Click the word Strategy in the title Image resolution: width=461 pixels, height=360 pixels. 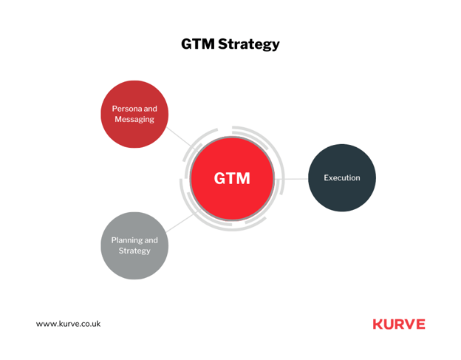coord(249,44)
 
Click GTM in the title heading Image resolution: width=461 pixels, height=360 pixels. coord(198,44)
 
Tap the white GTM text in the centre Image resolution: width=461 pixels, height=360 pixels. coord(232,178)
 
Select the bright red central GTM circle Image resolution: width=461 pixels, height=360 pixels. coord(232,179)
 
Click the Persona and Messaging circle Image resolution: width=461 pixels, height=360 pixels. coord(134,114)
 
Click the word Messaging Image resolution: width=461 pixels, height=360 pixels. coord(134,120)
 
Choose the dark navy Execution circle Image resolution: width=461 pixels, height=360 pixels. coord(342,177)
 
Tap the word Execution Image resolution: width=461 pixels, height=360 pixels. coord(342,177)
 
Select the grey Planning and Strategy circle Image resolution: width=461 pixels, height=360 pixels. coord(134,245)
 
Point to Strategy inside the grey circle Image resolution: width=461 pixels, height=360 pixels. coord(134,251)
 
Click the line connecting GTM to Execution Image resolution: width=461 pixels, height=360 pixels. coord(291,179)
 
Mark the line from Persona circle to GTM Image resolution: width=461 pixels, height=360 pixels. coord(179,137)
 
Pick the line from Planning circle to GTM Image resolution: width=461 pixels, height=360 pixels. coord(180,223)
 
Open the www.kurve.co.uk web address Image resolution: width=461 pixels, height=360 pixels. coord(68,324)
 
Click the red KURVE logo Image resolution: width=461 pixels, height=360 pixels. coord(399,324)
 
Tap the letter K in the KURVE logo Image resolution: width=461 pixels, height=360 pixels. coord(378,324)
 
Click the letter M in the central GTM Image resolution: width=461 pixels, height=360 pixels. coord(243,178)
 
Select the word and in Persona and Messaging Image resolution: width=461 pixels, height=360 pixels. coord(150,109)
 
